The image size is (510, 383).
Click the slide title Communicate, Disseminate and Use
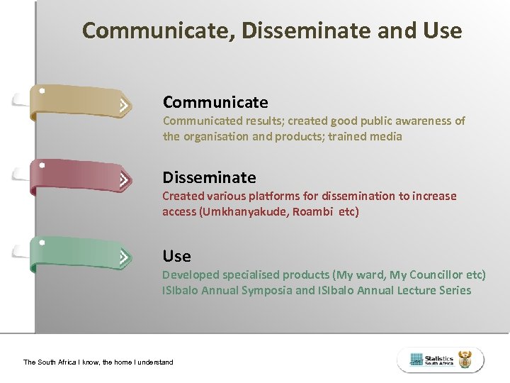272,30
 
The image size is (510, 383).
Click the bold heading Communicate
215,102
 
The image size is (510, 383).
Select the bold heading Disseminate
209,177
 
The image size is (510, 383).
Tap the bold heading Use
176,256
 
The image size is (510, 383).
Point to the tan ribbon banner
78,101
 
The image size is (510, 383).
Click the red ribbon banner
78,177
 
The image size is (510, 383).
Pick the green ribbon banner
78,253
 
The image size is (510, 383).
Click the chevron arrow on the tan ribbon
124,106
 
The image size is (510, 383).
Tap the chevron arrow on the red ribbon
124,181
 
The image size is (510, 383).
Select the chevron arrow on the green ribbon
124,257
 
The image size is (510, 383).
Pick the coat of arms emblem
465,360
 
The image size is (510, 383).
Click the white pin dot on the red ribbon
42,165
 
